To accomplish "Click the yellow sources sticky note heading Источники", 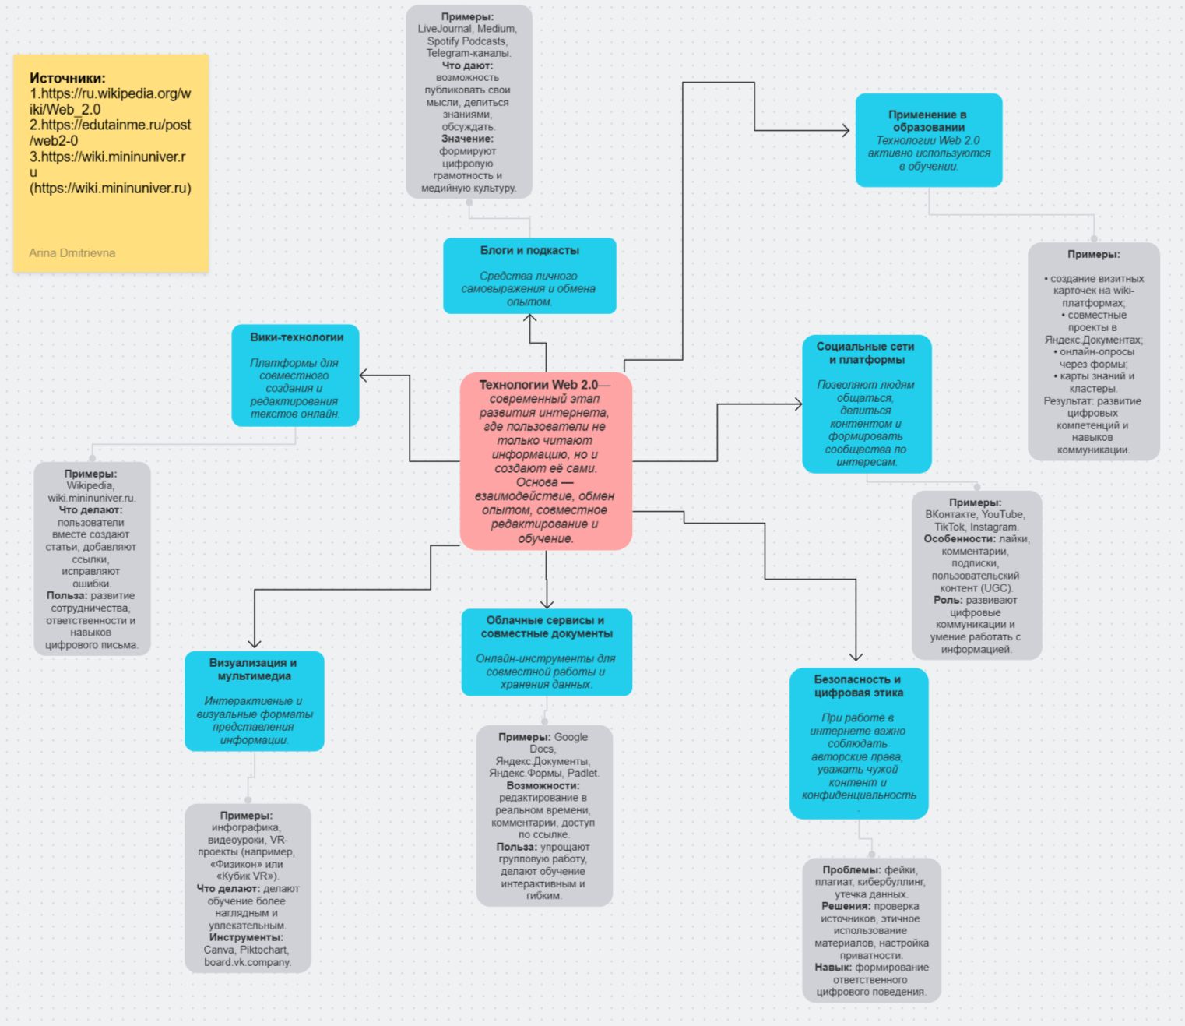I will tap(68, 78).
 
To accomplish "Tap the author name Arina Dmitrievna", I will tap(72, 253).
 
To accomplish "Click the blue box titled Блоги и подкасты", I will tap(529, 276).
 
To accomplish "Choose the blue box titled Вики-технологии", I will tap(295, 375).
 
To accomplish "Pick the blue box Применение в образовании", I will tap(928, 140).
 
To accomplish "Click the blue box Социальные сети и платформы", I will tap(866, 404).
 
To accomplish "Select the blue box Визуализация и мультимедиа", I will tap(254, 701).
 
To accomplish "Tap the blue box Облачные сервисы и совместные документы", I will tap(546, 652).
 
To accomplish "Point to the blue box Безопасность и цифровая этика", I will tap(858, 743).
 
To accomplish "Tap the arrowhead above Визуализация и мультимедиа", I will tap(255, 643).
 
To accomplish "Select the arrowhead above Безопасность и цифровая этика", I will tap(856, 657).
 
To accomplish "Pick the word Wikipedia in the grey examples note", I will tap(90, 485).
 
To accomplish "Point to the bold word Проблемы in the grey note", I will tap(851, 869).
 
